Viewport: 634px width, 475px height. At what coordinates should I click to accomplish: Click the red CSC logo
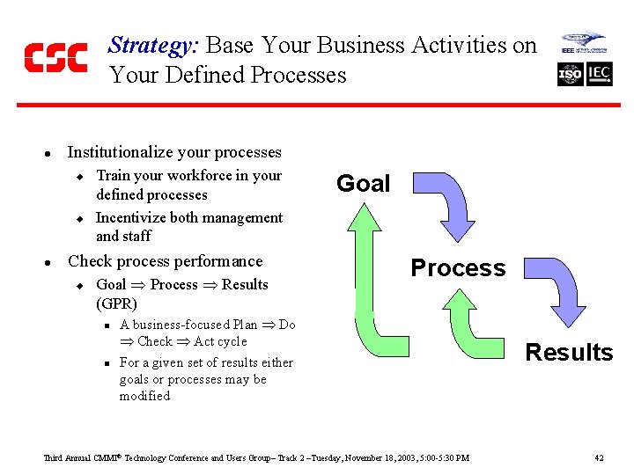[55, 58]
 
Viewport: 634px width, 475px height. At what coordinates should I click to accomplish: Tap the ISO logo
[570, 74]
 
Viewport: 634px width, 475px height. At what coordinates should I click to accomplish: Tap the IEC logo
[599, 74]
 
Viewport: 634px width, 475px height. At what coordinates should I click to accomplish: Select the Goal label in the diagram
[363, 183]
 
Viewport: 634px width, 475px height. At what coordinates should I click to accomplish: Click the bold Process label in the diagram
[458, 267]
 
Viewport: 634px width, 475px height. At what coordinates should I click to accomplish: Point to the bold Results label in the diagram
[569, 352]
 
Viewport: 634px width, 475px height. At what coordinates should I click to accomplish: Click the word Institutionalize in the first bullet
[122, 152]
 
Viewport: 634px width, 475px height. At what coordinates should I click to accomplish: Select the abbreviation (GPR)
[116, 303]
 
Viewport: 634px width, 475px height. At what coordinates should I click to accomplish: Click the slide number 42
[599, 457]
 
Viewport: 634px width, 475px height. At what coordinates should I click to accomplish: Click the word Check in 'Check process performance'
[91, 261]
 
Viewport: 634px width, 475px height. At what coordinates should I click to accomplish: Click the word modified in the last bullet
[144, 396]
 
